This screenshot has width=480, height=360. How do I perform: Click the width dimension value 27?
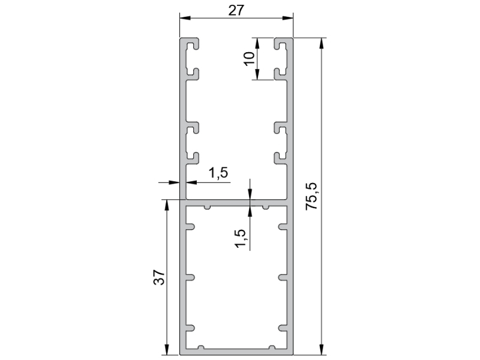[236, 10]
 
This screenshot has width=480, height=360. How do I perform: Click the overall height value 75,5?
[312, 196]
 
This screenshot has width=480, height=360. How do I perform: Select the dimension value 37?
[159, 277]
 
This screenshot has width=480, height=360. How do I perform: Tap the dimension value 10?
[250, 58]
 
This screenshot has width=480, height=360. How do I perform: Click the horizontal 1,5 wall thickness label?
[218, 173]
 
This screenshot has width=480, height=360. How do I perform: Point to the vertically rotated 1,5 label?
[241, 238]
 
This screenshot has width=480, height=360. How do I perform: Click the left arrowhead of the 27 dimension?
[185, 18]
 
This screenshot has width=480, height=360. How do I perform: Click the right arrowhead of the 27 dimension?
[288, 18]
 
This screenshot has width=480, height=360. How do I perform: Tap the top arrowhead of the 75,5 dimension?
[321, 43]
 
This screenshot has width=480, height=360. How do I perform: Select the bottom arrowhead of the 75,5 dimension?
[321, 350]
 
